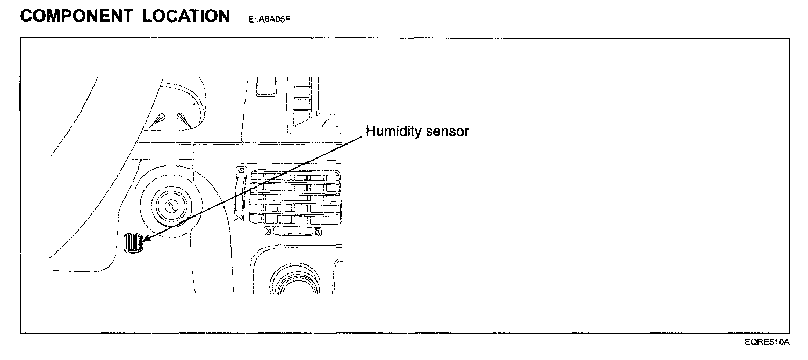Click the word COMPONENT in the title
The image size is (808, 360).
[77, 16]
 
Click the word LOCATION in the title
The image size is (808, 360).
[186, 16]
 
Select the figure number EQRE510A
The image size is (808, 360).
[767, 342]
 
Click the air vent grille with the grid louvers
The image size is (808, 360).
[295, 197]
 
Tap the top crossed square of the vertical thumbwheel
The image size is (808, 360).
[240, 171]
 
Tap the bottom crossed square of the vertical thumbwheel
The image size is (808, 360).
[240, 217]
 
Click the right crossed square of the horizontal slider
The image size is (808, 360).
[319, 232]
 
